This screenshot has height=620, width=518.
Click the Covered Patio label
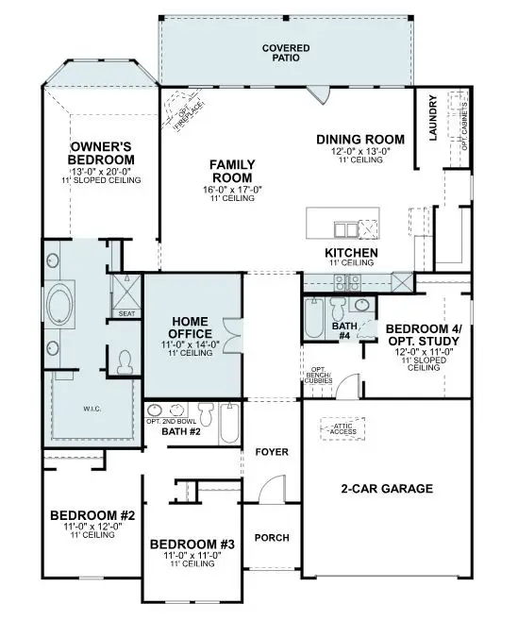pos(286,52)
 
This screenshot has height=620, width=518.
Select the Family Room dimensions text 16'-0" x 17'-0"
pos(230,189)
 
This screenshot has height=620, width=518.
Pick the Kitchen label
pos(351,253)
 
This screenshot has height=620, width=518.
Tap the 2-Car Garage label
pos(386,489)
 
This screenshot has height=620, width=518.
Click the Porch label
pos(271,538)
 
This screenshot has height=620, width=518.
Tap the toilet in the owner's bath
pos(124,360)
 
